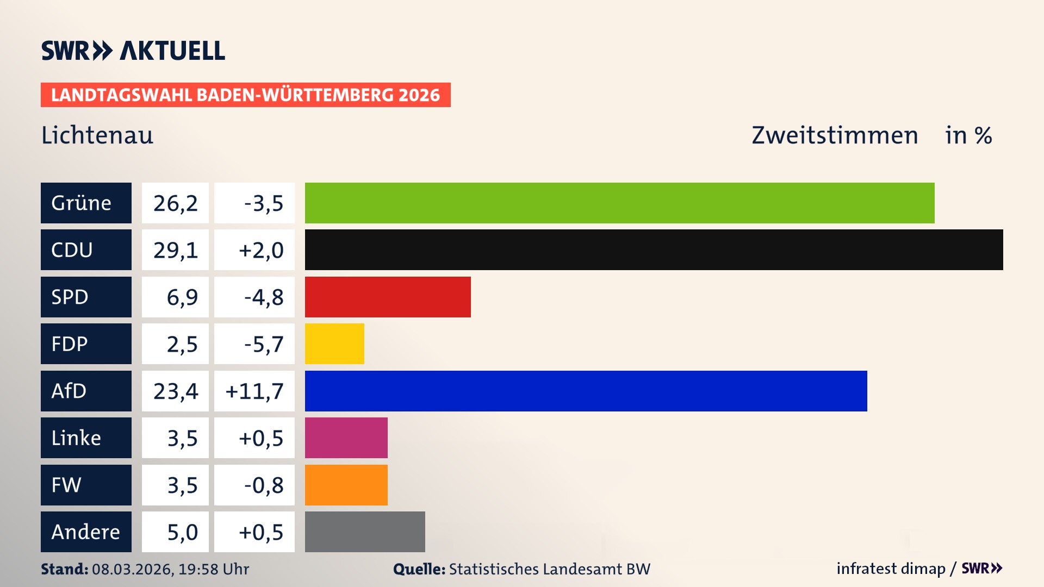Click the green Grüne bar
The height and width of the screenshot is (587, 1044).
[619, 203]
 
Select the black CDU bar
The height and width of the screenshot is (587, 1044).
[654, 249]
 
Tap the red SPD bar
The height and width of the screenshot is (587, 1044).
[388, 297]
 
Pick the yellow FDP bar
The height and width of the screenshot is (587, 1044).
[334, 344]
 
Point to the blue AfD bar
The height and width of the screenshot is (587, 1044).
[586, 391]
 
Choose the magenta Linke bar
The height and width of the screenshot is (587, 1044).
[346, 438]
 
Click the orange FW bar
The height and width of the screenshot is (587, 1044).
[346, 485]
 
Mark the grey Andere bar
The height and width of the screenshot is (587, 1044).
[365, 532]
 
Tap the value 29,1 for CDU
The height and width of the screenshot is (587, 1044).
[175, 250]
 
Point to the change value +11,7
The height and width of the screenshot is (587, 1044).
[254, 391]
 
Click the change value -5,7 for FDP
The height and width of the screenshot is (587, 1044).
[263, 344]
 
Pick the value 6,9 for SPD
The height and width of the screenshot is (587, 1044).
[182, 297]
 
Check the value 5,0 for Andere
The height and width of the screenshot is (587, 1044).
[182, 532]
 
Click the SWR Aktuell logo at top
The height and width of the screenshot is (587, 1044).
[133, 51]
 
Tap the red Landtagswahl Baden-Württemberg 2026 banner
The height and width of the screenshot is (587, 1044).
[245, 95]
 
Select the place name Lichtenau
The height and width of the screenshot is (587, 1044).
[97, 135]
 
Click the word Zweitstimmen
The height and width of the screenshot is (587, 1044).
[835, 135]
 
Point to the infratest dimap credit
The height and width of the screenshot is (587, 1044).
[891, 569]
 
